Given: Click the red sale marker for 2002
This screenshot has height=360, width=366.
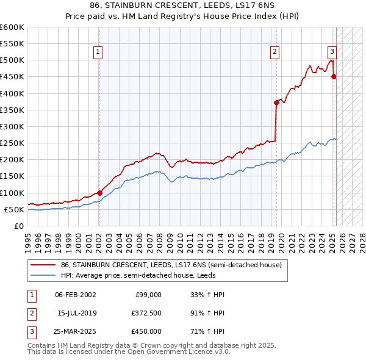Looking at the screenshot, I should pyautogui.click(x=99, y=193).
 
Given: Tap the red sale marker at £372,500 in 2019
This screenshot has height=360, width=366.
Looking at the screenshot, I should pyautogui.click(x=276, y=103).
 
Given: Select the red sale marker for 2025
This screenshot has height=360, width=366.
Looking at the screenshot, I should pyautogui.click(x=334, y=76).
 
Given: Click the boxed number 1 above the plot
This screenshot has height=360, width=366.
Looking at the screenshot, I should pyautogui.click(x=98, y=52).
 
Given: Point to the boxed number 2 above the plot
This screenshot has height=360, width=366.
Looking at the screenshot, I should pyautogui.click(x=275, y=52).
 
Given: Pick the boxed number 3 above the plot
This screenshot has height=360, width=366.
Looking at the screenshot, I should pyautogui.click(x=332, y=52).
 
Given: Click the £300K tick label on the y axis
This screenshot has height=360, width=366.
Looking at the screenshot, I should pyautogui.click(x=12, y=127).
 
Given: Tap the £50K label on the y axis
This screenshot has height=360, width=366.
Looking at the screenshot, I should pyautogui.click(x=14, y=210).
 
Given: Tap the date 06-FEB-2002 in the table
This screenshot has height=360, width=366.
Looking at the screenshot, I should pyautogui.click(x=76, y=295).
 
